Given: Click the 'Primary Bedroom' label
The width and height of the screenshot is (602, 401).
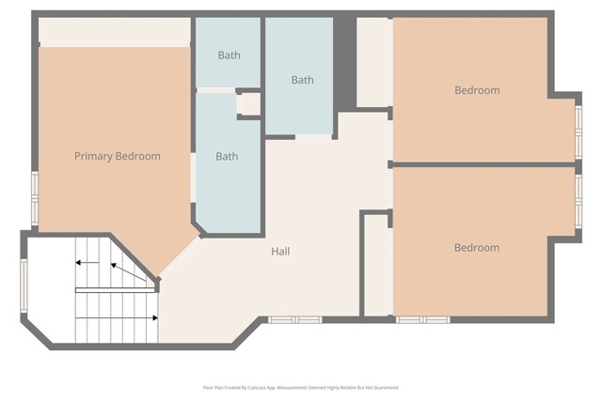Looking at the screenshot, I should (118, 157).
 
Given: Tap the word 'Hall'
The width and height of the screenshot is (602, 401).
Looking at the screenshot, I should (280, 252).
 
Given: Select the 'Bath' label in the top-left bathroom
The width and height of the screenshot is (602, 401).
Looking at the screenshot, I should (229, 55).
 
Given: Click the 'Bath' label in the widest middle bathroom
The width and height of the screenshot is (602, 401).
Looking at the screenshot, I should (302, 80).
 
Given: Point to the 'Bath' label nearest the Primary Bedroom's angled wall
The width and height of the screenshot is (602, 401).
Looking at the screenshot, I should (227, 157).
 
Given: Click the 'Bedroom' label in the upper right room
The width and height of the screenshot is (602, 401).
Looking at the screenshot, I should (477, 90).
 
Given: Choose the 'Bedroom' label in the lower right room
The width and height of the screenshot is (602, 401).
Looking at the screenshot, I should (477, 248).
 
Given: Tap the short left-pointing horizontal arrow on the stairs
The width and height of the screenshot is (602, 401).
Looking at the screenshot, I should (87, 263).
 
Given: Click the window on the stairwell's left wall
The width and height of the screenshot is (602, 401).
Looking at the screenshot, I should (25, 285).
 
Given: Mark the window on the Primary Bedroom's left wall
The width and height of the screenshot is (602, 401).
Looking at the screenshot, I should (35, 198).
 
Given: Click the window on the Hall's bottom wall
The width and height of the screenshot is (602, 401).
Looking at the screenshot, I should (294, 320).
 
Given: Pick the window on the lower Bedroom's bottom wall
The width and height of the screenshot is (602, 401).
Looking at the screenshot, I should (422, 320).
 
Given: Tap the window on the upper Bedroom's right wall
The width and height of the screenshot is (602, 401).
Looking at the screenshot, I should (578, 131).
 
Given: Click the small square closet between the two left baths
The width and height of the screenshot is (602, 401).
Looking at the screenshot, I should (249, 103).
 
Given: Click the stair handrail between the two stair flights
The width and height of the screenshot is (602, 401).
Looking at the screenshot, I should (116, 290).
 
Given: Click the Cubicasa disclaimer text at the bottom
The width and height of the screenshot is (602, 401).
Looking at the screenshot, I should (301, 387).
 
